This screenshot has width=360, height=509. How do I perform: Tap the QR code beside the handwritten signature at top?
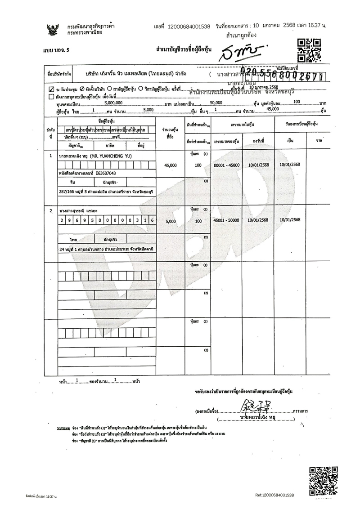[310, 50]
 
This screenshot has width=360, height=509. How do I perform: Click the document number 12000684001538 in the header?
[189, 27]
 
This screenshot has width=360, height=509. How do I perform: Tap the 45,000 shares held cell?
[171, 165]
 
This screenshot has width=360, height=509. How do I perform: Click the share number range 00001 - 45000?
[229, 165]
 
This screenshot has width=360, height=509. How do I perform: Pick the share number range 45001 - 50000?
[229, 220]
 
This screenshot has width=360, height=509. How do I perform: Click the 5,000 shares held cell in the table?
[171, 221]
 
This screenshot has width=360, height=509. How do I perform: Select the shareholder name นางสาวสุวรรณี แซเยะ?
[78, 210]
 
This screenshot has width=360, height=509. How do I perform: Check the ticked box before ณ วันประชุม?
[51, 89]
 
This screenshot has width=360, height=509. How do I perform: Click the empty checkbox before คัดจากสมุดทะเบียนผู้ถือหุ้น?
[51, 96]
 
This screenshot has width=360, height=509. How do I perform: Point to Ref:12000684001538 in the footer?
[274, 495]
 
